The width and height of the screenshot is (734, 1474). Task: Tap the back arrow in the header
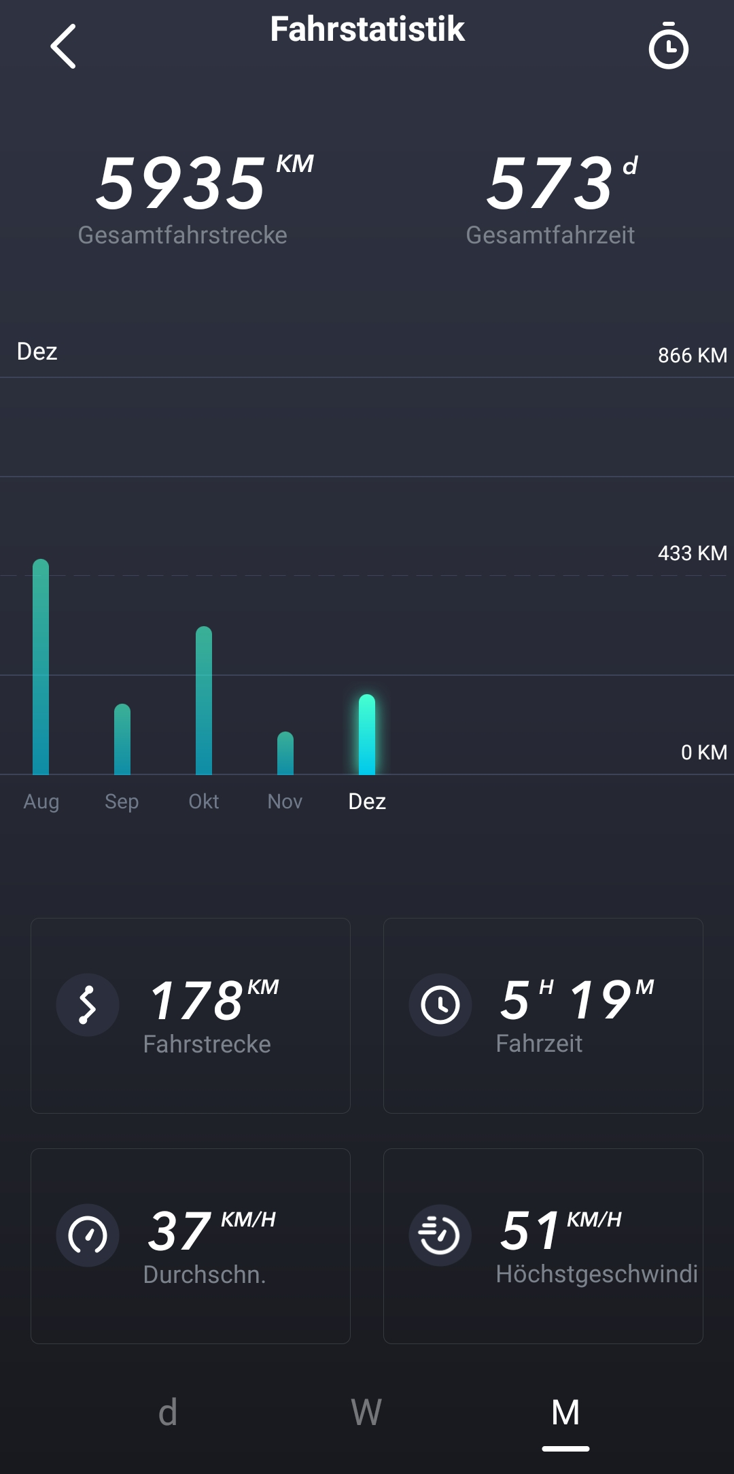tap(63, 46)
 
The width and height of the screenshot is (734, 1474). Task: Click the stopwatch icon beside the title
tap(669, 46)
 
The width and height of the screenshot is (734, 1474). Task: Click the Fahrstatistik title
tap(367, 29)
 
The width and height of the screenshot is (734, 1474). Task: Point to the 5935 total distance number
tap(181, 183)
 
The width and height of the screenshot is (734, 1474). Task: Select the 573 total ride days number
tap(550, 183)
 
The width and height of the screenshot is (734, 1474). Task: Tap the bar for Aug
tap(41, 667)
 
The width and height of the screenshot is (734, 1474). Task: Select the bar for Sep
tap(122, 740)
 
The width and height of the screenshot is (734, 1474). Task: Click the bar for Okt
tap(204, 701)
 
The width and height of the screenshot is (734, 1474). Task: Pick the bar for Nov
tap(285, 753)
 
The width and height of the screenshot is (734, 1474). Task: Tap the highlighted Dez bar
tap(367, 735)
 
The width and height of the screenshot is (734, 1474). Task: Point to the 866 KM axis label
tap(692, 356)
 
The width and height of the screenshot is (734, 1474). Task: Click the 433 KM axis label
tap(692, 553)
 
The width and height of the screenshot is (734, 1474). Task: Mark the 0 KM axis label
tap(703, 753)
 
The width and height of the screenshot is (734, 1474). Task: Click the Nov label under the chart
tap(285, 802)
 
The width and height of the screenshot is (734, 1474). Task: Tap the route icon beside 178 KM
tap(88, 1005)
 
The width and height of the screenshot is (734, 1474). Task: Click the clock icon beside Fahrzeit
tap(440, 1005)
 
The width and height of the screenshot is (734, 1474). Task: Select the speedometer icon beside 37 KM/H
tap(88, 1235)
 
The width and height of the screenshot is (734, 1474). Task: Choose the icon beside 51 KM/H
tap(440, 1235)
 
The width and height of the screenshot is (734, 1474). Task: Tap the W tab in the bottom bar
tap(366, 1413)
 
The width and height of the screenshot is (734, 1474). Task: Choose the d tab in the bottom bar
tap(168, 1413)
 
